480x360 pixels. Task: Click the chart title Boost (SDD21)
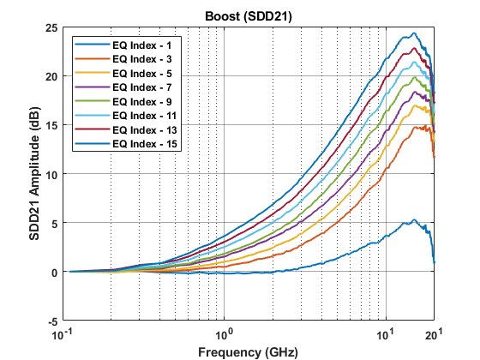248,16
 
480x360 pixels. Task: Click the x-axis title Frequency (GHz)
248,351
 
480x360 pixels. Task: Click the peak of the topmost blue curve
414,34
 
